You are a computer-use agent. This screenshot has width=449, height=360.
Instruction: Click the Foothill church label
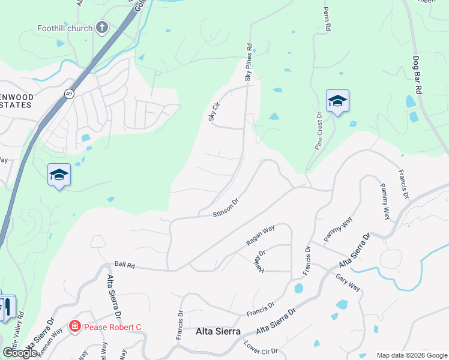tap(65, 28)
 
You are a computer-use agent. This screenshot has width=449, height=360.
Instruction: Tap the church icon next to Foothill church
tap(102, 27)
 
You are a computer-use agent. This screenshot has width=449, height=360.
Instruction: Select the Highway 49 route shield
tap(70, 94)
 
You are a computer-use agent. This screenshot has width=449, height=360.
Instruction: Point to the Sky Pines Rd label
tap(249, 62)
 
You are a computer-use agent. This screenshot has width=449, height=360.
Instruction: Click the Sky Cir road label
tap(212, 112)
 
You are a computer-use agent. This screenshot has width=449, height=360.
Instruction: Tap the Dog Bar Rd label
tap(415, 74)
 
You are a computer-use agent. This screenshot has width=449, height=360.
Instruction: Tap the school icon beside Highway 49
tap(59, 175)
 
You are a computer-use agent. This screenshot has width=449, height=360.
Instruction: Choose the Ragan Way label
tap(260, 236)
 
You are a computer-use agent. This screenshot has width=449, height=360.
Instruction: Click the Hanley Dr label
tap(262, 259)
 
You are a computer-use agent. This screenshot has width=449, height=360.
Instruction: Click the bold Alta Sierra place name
tap(218, 331)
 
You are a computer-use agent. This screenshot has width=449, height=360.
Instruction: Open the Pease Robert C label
tap(112, 326)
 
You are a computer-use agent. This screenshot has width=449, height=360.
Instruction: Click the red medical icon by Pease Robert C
tap(75, 326)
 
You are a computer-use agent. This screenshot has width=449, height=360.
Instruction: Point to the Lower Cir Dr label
tap(261, 347)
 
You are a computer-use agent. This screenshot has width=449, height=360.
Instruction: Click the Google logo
tap(20, 353)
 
